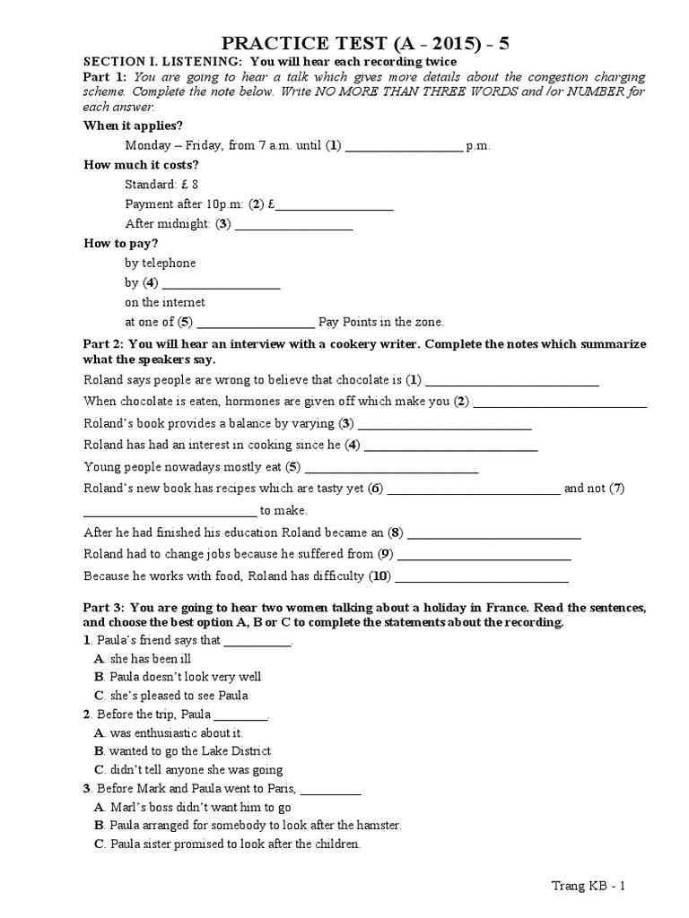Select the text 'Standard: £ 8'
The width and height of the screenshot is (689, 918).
tap(161, 185)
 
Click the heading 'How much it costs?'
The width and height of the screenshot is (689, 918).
tap(141, 165)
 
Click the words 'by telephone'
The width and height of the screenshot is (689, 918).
tap(161, 264)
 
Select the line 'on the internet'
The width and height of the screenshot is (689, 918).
tap(165, 303)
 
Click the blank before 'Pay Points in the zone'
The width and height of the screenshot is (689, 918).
tap(255, 323)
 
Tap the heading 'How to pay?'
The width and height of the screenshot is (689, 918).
tap(121, 244)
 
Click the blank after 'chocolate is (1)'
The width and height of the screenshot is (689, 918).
tap(512, 381)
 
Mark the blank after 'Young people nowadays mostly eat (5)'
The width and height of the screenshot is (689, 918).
tap(392, 468)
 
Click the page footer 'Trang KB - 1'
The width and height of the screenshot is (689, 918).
tap(588, 887)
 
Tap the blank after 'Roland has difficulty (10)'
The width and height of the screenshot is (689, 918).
tap(482, 576)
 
